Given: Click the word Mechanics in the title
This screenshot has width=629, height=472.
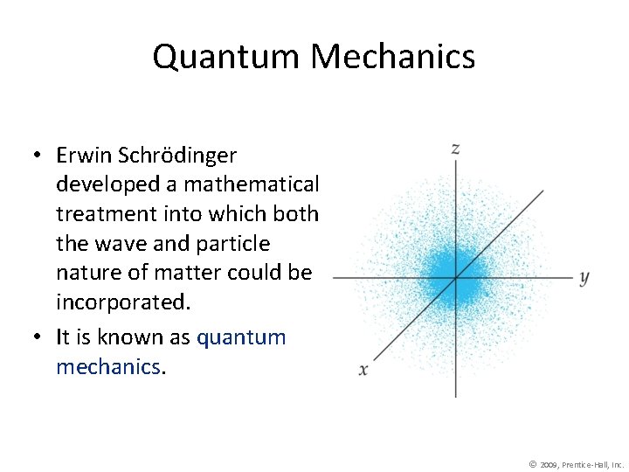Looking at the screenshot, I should point(392,58).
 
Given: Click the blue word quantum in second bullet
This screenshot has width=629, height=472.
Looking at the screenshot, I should point(241,337).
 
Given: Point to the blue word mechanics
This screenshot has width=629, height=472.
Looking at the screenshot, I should point(107,367).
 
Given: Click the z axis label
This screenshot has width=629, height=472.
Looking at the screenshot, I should point(455,149).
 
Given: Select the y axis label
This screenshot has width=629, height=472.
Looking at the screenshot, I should point(584,278).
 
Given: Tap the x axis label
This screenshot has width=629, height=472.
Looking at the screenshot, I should point(363,370).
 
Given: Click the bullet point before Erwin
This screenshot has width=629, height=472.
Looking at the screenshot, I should point(39,156).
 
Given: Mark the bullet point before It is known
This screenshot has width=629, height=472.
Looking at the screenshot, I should point(39,338).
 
